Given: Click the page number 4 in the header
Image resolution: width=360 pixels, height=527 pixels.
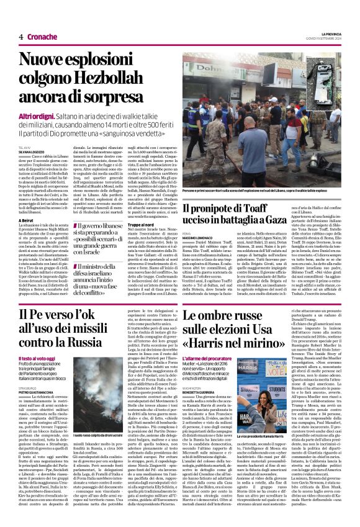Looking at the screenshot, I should tap(21, 37).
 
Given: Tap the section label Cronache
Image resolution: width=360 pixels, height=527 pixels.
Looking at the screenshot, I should tap(40, 37).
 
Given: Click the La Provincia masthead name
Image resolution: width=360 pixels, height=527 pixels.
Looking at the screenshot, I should tap(330, 33).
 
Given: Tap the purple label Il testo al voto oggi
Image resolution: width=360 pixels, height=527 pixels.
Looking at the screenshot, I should tap(37, 359).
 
